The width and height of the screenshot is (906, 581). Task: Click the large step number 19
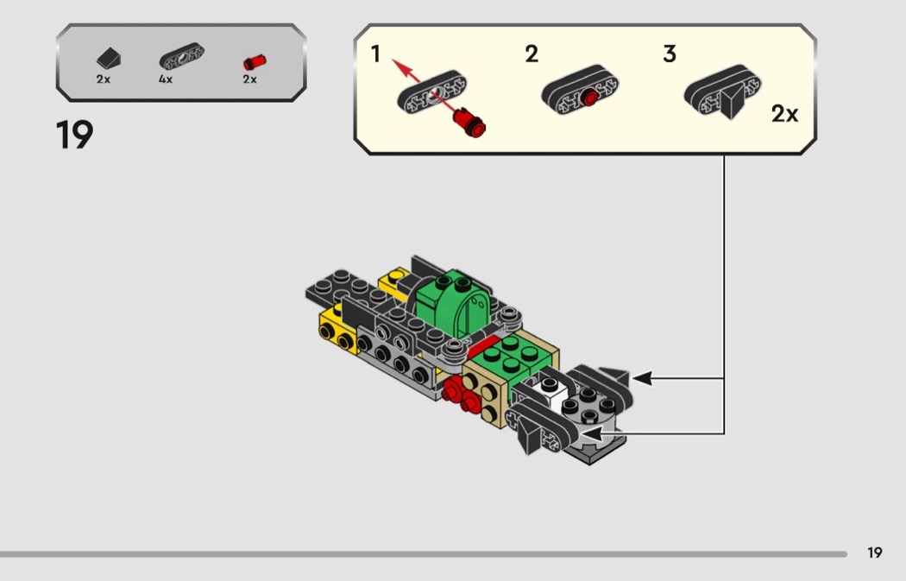click(x=74, y=135)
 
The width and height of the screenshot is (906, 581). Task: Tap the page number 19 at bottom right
click(x=875, y=553)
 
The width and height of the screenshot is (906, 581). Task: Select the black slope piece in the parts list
click(x=109, y=59)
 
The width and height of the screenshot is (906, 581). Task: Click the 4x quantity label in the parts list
click(x=166, y=79)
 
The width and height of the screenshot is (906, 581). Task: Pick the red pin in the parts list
click(x=255, y=62)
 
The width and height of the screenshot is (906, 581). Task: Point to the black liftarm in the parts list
click(x=181, y=57)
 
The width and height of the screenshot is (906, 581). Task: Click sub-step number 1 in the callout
click(x=375, y=54)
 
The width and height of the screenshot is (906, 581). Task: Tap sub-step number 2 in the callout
click(x=532, y=54)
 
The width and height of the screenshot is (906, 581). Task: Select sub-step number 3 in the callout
click(x=670, y=54)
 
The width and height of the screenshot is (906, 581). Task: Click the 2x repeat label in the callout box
click(x=784, y=114)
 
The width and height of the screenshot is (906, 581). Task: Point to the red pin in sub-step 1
click(x=469, y=123)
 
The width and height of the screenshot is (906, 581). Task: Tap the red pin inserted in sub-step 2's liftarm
click(x=588, y=98)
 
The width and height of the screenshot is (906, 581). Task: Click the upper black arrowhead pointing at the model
click(x=643, y=378)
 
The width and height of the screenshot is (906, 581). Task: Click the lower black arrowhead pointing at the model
click(x=591, y=433)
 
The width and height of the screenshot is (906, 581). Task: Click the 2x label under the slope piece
click(x=104, y=79)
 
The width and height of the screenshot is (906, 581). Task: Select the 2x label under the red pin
click(x=249, y=79)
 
